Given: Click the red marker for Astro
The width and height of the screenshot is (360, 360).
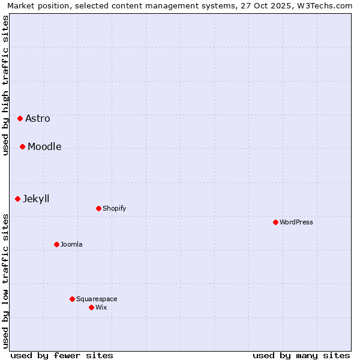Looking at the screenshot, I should pos(20,118).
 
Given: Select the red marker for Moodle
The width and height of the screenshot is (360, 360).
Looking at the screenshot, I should pos(22,146).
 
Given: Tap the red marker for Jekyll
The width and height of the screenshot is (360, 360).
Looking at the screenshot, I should pos(17,199).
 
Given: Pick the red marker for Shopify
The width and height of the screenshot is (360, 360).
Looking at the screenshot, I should pos(98,208).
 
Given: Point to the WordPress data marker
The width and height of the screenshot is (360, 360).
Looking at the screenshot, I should pos(275,222).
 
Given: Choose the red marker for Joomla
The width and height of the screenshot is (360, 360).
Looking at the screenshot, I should pos(56,244).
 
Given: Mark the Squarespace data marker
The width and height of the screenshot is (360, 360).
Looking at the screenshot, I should pos(72,299).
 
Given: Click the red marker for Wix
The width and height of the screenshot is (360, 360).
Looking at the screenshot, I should pos(91,307).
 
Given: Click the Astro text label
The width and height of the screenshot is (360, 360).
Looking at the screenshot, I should pos(38,118).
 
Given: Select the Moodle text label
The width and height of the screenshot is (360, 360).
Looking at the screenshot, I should pos(44,146).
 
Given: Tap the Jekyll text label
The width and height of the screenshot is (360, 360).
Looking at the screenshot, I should pos(36,199).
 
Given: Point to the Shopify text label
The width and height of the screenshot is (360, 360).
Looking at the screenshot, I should pos(114,208).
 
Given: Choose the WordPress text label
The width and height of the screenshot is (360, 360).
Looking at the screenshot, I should pos(296,222).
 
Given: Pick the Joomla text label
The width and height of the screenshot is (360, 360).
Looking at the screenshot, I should pos(71,244).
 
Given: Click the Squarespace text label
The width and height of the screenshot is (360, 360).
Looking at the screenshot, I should pos(97,299).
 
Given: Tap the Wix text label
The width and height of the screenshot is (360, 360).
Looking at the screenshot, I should pos(101,307).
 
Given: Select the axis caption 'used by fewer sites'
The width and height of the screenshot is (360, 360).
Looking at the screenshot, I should pos(62,355).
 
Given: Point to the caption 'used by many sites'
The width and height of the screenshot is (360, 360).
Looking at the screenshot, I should pos(301,355).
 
